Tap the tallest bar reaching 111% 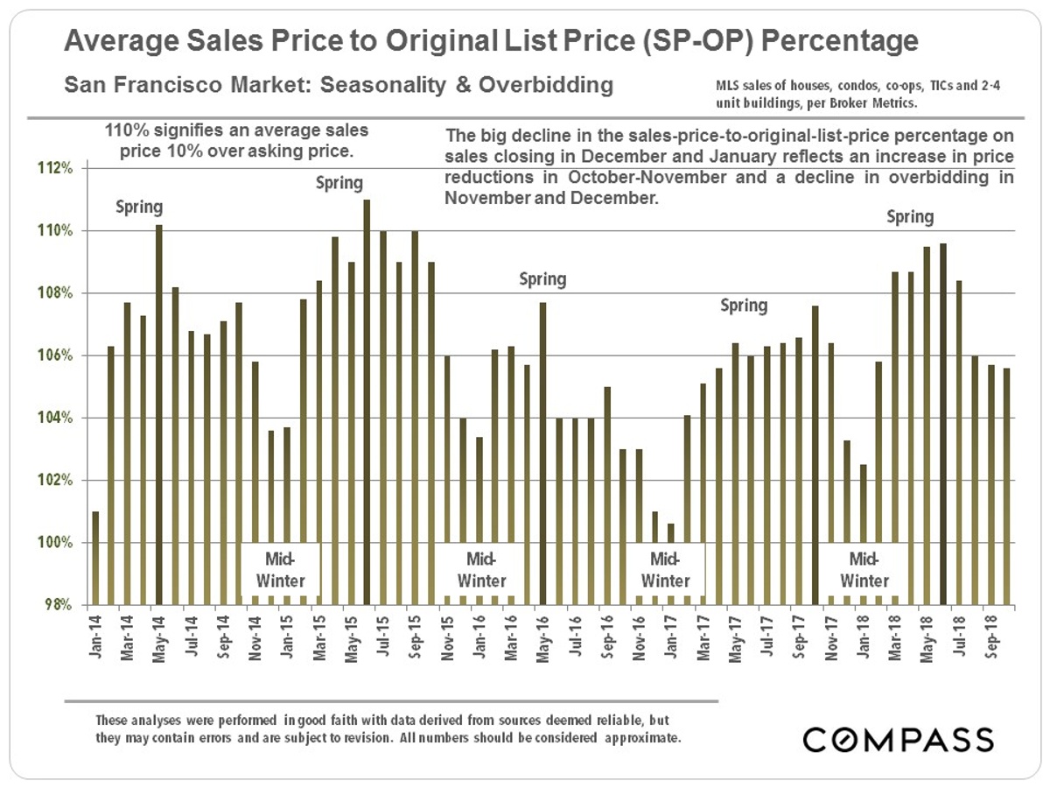point(367,402)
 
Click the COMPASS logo point(898,739)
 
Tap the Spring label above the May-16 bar point(542,279)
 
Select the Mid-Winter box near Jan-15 point(281,569)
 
